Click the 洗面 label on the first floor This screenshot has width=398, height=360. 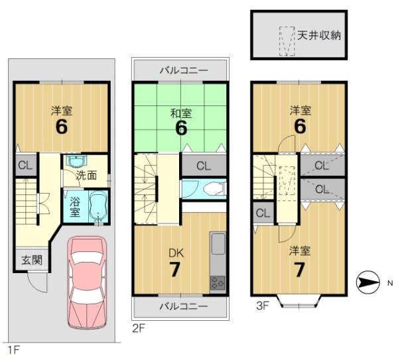point(86,176)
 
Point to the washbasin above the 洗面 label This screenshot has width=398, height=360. point(77,161)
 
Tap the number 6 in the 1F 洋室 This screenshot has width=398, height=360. point(61,127)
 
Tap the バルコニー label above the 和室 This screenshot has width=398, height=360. point(183,69)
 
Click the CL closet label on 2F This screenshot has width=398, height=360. point(203,166)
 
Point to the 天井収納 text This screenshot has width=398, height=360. point(319,34)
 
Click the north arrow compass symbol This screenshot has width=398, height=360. point(367,283)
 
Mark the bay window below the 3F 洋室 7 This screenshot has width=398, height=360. point(299,302)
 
